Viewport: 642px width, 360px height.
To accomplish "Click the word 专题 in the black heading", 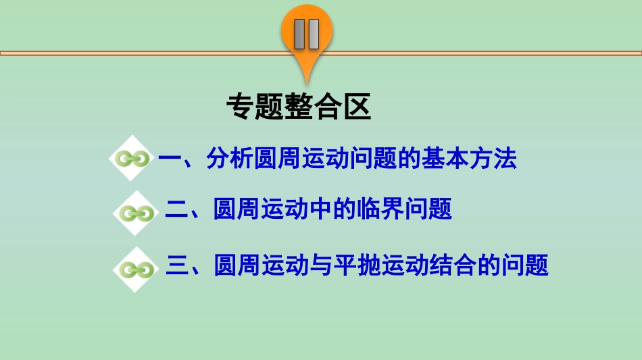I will pyautogui.click(x=255, y=106).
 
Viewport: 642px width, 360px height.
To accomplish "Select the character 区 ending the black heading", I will pyautogui.click(x=357, y=106).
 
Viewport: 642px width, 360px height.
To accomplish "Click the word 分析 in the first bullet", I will pyautogui.click(x=230, y=160).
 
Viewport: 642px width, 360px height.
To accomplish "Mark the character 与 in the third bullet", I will pyautogui.click(x=321, y=265).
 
